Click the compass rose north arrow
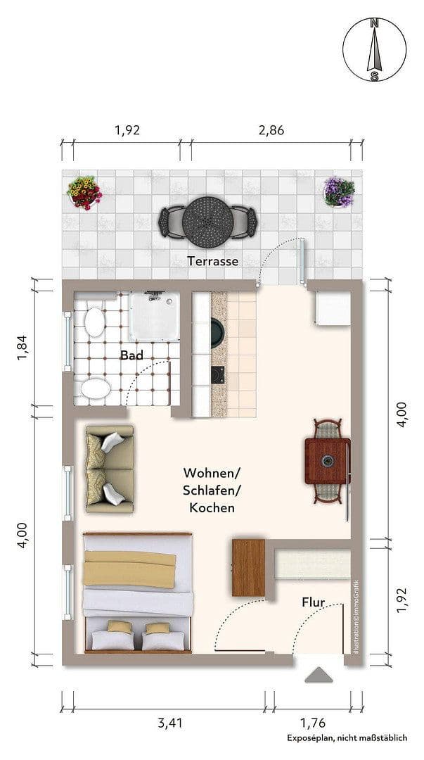[x=375, y=49]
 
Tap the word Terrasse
[x=213, y=261]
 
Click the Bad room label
[x=131, y=355]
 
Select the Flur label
[x=313, y=602]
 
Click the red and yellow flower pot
[x=84, y=192]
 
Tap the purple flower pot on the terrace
[x=339, y=191]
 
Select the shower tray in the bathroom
[x=154, y=315]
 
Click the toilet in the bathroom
[x=93, y=322]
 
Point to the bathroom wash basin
[x=92, y=389]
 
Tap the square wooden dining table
[x=327, y=461]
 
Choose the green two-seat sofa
[x=108, y=469]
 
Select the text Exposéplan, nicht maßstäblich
[x=346, y=737]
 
